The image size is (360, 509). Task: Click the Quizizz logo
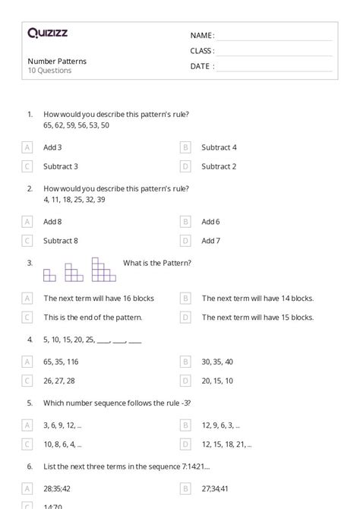pos(47,33)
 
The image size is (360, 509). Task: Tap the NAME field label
pos(202,36)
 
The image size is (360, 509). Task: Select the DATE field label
pos(202,66)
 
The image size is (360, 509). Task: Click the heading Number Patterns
pos(57,61)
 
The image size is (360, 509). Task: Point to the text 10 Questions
pos(49,71)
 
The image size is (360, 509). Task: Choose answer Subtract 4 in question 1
pos(219,147)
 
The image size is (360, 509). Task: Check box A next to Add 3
pos(28,147)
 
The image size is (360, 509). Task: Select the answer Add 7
pos(210,241)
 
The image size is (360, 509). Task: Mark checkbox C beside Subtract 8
pos(28,241)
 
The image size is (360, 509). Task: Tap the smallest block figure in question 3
pos(49,275)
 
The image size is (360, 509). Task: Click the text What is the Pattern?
pos(157,263)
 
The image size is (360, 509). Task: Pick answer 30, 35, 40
pos(217,362)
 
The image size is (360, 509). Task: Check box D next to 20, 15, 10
pos(185,381)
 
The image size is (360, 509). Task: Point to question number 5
pos(30,403)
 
